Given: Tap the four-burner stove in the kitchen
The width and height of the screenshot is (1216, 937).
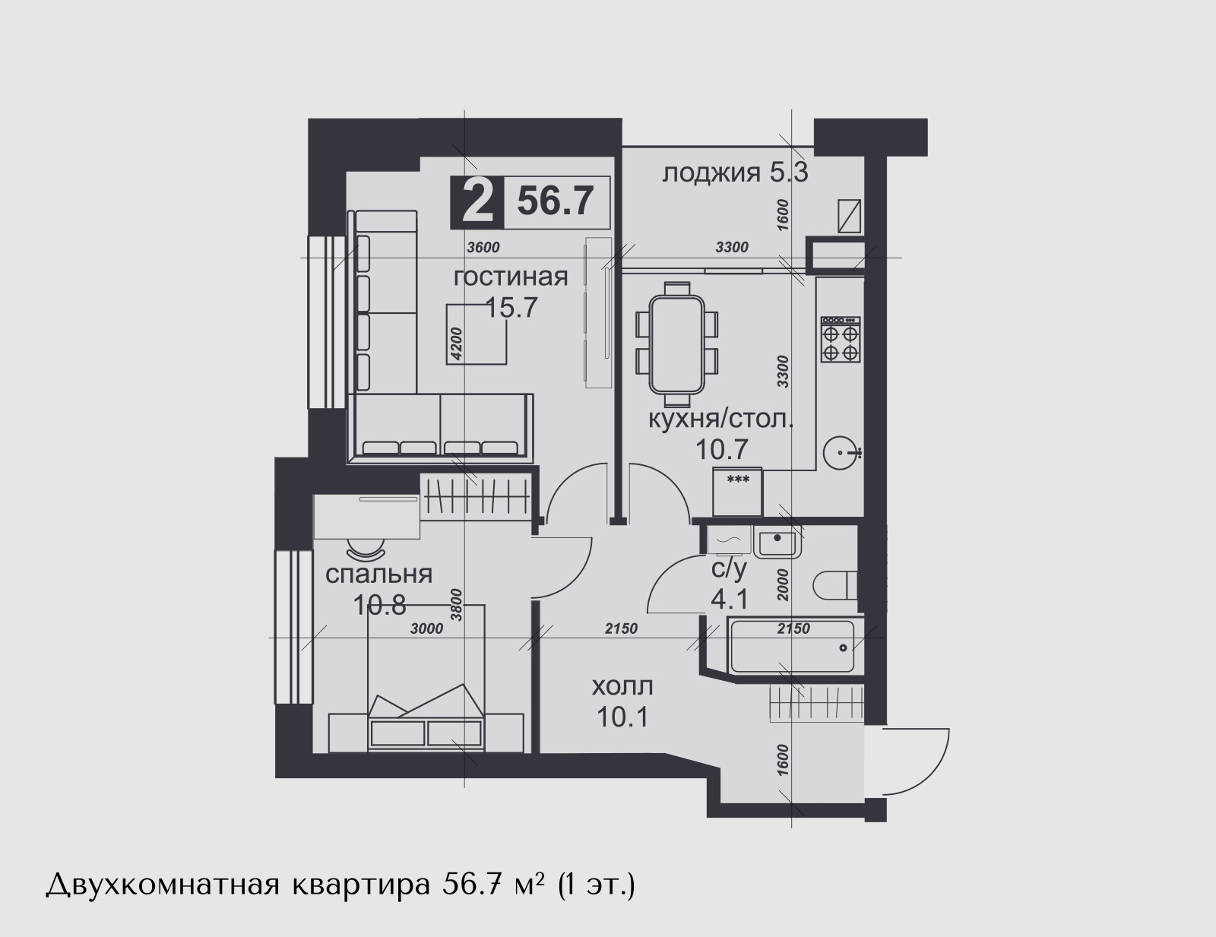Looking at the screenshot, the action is tap(841, 340).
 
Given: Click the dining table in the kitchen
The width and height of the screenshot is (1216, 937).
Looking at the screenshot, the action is tap(676, 344).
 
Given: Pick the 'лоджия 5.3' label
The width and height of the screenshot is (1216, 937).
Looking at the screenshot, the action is tap(736, 173).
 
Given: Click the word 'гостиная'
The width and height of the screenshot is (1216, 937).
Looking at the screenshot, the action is tap(511, 277).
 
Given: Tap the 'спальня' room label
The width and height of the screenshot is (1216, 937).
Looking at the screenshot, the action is tap(378, 575).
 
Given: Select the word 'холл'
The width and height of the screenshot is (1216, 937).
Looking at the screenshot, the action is tap(623, 686).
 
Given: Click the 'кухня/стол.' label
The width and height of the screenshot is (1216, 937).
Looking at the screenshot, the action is tap(720, 419).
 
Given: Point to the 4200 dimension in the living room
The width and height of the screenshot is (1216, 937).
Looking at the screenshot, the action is tap(457, 343).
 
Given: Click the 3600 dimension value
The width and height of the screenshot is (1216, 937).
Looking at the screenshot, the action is tap(483, 247).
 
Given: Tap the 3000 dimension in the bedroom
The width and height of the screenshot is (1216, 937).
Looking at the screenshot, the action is tap(426, 629).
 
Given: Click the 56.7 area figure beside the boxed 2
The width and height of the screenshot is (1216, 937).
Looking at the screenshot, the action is tap(555, 201).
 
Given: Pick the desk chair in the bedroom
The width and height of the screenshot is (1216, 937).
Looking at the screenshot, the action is tap(366, 548).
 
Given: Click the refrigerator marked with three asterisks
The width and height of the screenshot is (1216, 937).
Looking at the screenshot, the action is tap(737, 492).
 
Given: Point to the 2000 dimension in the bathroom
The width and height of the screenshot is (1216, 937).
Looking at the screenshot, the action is tap(783, 585).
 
